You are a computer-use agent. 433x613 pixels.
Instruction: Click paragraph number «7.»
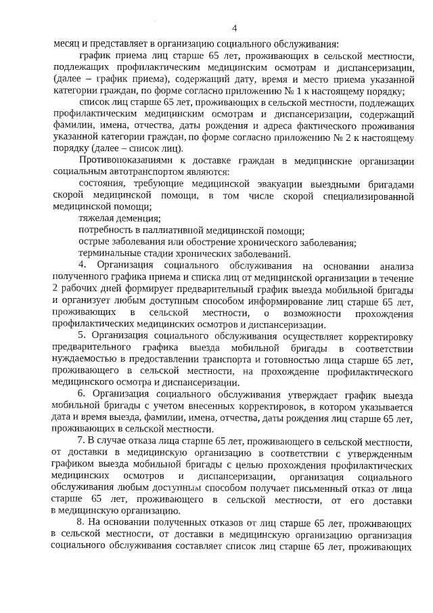point(83,441)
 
